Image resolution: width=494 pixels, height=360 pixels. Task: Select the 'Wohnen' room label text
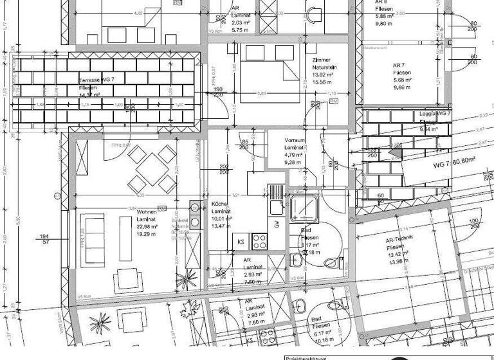click(146, 211)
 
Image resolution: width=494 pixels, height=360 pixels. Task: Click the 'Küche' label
click(219, 204)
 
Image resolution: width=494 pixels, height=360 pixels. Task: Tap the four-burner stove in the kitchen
click(260, 241)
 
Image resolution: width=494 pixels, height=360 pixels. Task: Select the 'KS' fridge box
click(241, 242)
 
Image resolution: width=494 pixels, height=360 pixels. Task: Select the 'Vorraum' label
click(295, 139)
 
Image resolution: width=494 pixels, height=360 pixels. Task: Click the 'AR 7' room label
click(401, 66)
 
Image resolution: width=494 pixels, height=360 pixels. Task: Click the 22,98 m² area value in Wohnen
click(148, 226)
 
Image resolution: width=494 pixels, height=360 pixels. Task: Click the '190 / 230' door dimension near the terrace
click(218, 93)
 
